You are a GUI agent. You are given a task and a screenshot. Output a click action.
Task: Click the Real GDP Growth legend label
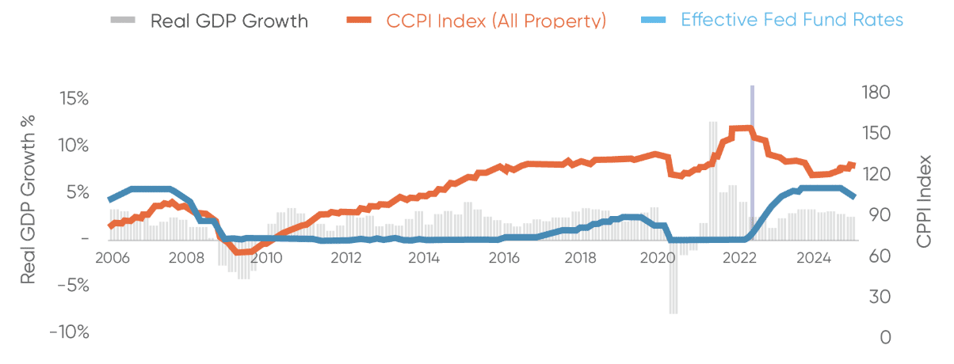(x=229, y=21)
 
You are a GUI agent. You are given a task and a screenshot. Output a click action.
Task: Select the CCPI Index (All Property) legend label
(x=497, y=21)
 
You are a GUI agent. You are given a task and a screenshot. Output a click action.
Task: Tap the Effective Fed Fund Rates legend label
(x=792, y=20)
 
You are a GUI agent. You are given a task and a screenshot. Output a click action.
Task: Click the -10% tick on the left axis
(x=69, y=332)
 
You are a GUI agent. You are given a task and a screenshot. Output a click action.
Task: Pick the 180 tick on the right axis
(x=876, y=93)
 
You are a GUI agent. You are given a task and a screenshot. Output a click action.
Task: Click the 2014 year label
(x=424, y=258)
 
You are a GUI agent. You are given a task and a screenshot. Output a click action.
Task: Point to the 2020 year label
(x=658, y=258)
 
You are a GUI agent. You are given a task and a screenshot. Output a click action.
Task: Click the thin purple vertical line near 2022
(x=752, y=158)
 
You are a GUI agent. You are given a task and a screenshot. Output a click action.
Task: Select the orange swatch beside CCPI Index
(x=357, y=19)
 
